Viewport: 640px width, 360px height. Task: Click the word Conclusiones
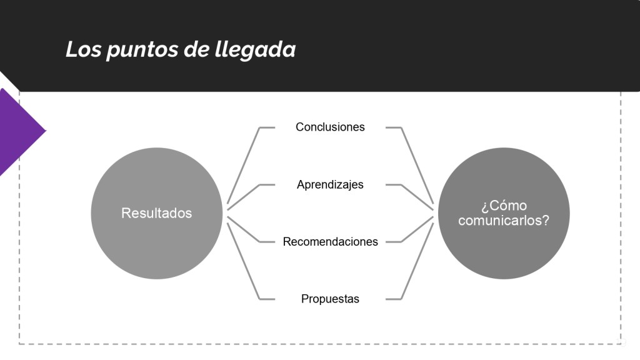[x=330, y=127]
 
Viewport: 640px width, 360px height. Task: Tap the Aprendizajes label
[x=330, y=184]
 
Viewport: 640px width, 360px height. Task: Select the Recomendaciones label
[x=330, y=242]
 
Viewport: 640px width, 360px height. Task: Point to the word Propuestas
[x=330, y=299]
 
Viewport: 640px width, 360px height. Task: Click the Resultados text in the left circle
[x=156, y=213]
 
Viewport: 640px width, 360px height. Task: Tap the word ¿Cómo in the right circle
[x=504, y=206]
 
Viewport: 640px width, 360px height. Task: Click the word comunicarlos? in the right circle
[x=504, y=221]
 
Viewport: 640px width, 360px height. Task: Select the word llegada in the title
[x=255, y=50]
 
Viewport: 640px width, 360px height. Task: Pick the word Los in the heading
[x=83, y=49]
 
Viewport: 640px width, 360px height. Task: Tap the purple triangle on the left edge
[x=21, y=131]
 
